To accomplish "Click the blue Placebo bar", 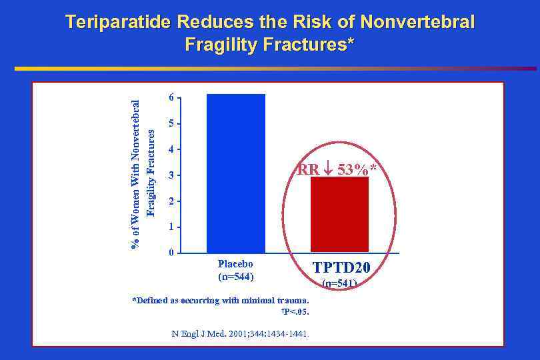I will tap(236, 173).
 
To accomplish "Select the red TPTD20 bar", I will tap(339, 214).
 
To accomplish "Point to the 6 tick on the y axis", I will tap(171, 97).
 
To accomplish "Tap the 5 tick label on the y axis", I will tap(171, 123).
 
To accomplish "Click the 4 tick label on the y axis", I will tap(171, 149).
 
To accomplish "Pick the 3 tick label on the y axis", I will tap(171, 175).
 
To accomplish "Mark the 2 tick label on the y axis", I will tap(171, 201).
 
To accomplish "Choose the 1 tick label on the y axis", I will tap(171, 227).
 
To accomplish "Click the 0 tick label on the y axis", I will tap(171, 253).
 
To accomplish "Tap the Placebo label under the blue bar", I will tap(236, 264).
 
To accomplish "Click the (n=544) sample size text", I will tap(236, 276).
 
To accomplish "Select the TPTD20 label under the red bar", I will tap(341, 269).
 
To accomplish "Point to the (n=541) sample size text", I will tap(339, 283).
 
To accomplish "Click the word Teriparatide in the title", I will tap(121, 23).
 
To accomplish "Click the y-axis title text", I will tap(143, 173).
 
